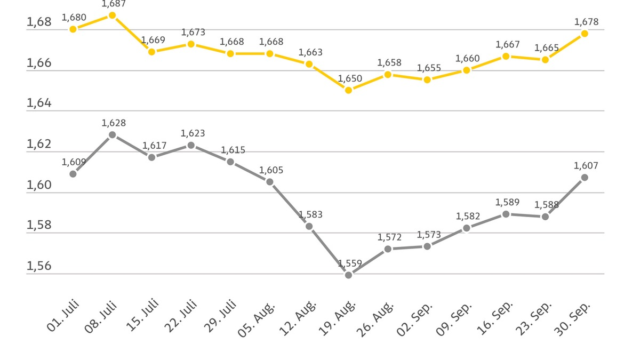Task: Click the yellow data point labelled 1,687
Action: tap(113, 15)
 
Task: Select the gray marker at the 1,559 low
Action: tap(348, 275)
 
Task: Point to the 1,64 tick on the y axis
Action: tap(39, 102)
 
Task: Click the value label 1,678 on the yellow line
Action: tap(586, 22)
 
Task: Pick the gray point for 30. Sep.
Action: tap(585, 177)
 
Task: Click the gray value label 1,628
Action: tap(114, 123)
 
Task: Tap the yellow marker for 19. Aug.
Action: tap(348, 90)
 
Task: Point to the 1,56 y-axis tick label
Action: tap(39, 266)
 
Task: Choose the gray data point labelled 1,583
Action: tap(309, 226)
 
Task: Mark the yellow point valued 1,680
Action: tap(73, 29)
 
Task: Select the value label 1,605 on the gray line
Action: tap(271, 171)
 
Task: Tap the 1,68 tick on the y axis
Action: tap(39, 22)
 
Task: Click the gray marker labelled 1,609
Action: tap(73, 174)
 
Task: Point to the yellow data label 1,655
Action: tap(429, 68)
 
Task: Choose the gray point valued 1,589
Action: tap(506, 214)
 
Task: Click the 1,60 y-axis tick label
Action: tap(39, 185)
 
